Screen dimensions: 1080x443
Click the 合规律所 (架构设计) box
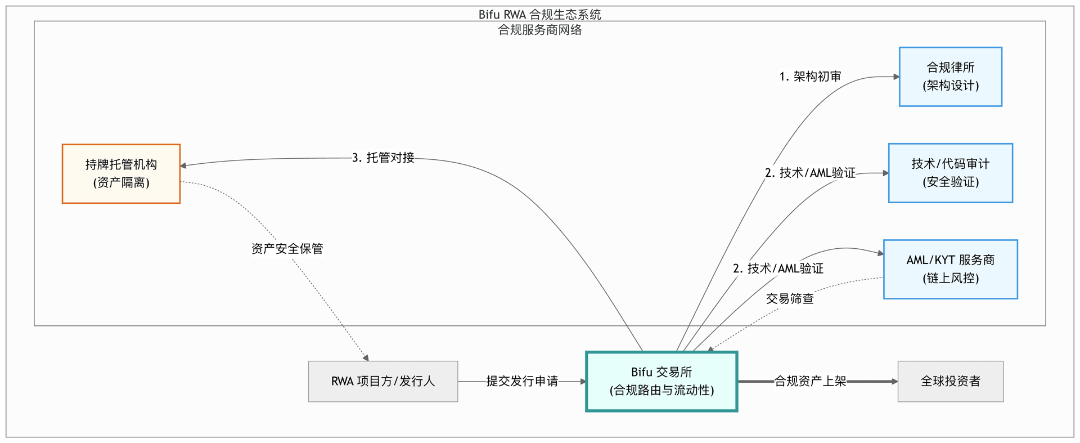point(951,77)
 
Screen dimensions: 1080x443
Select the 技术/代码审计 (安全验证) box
point(951,173)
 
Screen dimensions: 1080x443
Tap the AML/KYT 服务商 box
point(951,269)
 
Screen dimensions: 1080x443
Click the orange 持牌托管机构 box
point(121,173)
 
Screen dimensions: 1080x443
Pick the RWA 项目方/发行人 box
point(383,381)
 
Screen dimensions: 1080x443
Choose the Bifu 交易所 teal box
point(661,381)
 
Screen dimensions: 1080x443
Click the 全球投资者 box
point(951,381)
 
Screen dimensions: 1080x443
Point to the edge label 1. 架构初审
point(810,77)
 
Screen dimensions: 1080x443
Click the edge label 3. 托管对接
point(383,158)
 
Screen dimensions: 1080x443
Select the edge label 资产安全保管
point(287,249)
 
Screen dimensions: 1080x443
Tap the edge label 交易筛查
point(790,298)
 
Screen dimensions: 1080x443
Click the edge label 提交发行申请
point(522,381)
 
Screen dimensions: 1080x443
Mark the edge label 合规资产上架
point(810,381)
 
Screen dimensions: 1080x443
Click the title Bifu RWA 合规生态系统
point(540,14)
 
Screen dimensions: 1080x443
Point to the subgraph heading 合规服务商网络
point(540,30)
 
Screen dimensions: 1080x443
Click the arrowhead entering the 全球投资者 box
point(894,381)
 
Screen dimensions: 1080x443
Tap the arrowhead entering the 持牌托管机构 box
point(183,165)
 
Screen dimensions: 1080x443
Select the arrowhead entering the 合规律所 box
point(896,77)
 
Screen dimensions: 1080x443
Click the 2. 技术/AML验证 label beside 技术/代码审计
point(810,173)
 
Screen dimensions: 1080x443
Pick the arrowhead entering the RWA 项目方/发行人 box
point(366,358)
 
